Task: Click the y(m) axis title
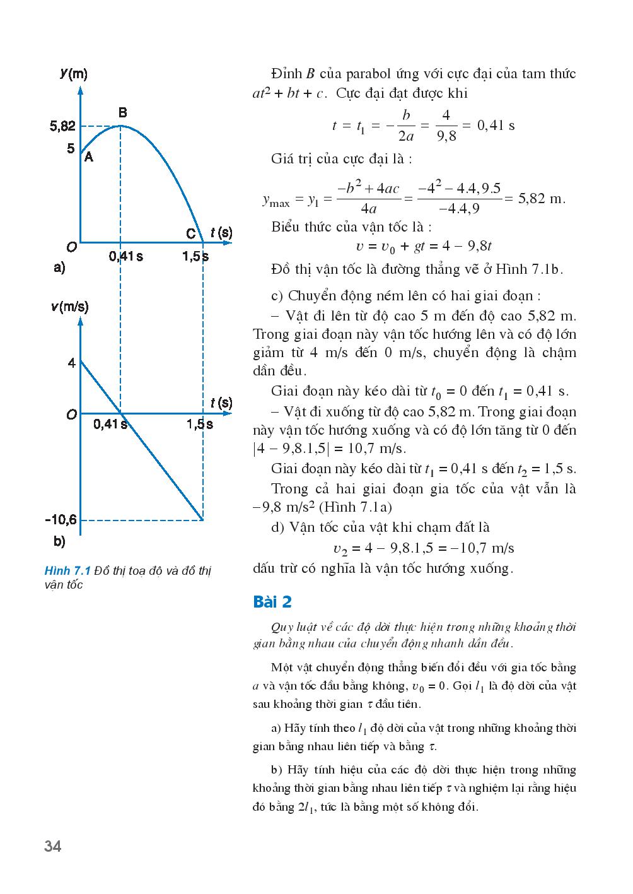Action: point(74,73)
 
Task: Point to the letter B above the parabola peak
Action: point(123,112)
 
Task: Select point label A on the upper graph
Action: point(89,157)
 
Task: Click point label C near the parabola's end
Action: point(191,233)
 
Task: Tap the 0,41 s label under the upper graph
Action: point(125,257)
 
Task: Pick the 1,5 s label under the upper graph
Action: point(195,257)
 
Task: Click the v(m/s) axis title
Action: point(69,307)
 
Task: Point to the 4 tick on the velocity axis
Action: point(71,363)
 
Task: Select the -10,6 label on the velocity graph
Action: point(61,520)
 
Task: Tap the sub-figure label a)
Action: point(60,268)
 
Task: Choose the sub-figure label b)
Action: point(60,541)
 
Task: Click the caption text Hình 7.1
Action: point(67,571)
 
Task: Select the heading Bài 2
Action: point(272,602)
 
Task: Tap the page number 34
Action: point(53,846)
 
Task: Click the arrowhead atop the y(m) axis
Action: point(80,88)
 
